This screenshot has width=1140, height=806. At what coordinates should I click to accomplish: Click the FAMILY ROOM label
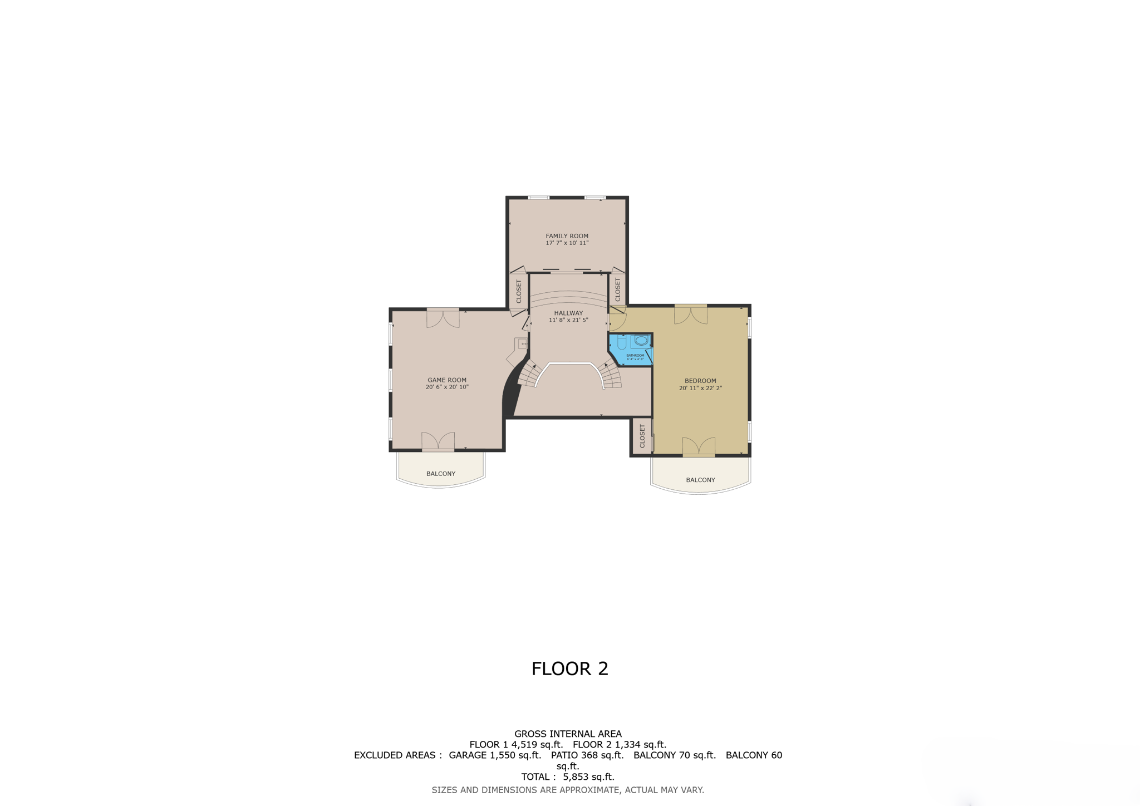click(567, 236)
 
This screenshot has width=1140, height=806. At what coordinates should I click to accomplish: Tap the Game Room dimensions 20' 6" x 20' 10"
click(447, 387)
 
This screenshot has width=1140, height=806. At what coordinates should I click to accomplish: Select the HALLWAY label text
click(568, 313)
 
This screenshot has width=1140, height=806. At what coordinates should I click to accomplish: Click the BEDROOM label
click(700, 381)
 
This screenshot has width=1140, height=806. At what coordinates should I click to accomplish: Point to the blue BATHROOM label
click(635, 356)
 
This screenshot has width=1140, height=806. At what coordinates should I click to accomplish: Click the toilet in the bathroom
click(622, 342)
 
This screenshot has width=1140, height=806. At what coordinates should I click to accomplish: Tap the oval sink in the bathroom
click(641, 340)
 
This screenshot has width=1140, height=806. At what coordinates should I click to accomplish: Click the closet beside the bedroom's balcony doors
click(642, 436)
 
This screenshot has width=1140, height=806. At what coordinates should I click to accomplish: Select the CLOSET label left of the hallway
click(519, 291)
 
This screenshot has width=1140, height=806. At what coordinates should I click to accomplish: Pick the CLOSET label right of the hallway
click(617, 289)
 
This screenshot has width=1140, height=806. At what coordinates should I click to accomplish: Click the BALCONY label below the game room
click(441, 474)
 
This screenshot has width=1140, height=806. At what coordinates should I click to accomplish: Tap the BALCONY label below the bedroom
click(700, 480)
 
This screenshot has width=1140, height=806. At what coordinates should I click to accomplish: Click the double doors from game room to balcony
click(438, 441)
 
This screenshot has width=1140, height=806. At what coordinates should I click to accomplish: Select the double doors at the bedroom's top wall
click(691, 314)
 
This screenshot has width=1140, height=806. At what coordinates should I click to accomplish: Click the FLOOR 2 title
click(569, 669)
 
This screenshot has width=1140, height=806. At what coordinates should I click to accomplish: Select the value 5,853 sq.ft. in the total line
click(588, 776)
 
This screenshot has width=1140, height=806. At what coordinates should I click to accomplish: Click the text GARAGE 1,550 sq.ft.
click(495, 755)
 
